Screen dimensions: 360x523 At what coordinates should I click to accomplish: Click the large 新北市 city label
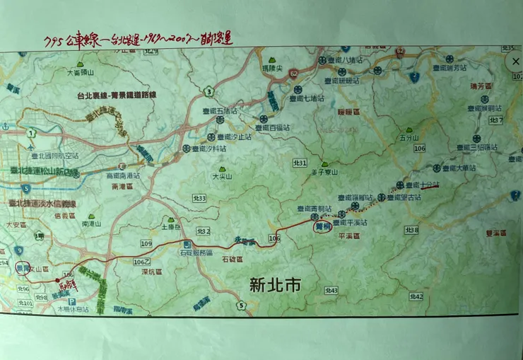click(275, 286)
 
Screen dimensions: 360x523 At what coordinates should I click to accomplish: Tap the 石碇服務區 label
click(194, 252)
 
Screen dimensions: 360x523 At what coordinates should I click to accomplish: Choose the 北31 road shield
click(300, 163)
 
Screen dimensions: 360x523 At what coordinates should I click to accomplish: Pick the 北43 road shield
click(331, 290)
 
